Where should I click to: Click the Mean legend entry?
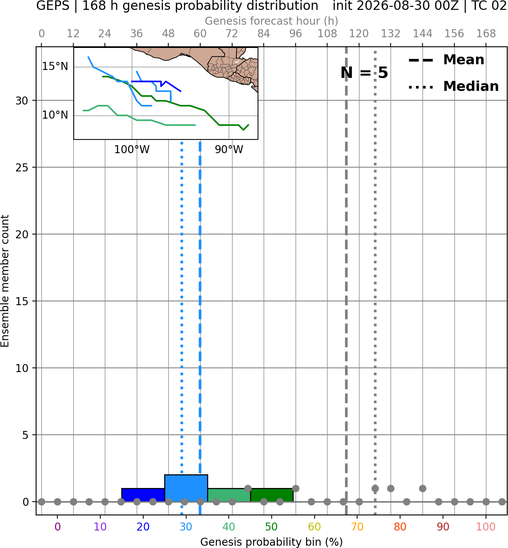446,60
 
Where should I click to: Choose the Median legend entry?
453,86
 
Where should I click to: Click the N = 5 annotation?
364,73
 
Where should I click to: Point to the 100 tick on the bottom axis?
486,527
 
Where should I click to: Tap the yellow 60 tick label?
314,527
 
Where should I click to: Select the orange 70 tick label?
357,527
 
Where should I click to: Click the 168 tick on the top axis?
486,34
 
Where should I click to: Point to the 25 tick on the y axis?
22,168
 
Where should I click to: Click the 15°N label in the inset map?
55,67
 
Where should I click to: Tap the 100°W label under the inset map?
132,150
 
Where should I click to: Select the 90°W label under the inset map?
229,150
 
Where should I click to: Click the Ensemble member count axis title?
5,281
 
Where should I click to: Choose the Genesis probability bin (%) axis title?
272,542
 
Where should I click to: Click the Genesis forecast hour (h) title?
272,21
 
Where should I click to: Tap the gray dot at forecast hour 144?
423,488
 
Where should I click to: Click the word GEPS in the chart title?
53,6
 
